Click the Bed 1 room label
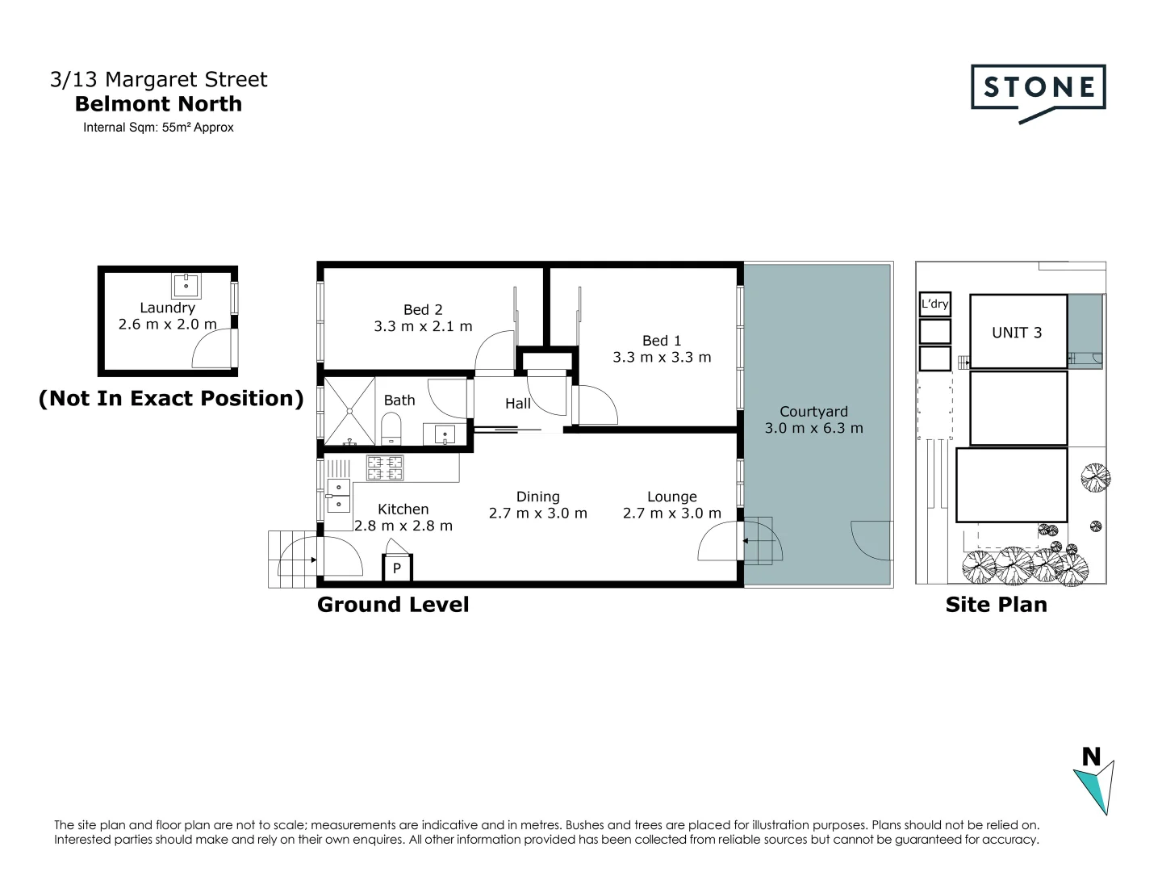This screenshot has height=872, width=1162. [661, 341]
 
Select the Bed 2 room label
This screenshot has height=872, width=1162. [423, 310]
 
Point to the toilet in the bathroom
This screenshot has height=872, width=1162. [391, 429]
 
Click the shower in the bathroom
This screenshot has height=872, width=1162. [350, 411]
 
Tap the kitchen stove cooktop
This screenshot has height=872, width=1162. [385, 468]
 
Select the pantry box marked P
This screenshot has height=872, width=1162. [397, 568]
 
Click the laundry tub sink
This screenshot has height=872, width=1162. [186, 285]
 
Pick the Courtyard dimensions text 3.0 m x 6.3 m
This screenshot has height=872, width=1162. [813, 429]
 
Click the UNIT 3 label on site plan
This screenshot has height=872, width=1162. [1017, 333]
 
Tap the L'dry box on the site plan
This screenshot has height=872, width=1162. [935, 304]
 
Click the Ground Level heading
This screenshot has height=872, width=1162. [393, 605]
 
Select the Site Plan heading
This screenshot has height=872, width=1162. [996, 605]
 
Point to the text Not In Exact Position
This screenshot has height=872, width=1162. [171, 398]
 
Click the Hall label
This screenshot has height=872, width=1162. [518, 403]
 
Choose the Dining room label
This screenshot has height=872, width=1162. [537, 497]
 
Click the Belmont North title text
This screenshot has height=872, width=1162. [158, 104]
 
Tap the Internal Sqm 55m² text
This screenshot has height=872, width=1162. [158, 128]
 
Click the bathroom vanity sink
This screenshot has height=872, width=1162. [445, 435]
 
